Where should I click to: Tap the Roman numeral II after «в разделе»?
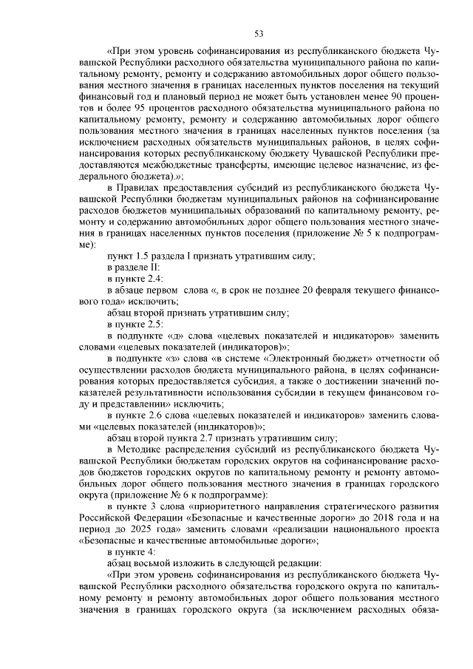(154, 266)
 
